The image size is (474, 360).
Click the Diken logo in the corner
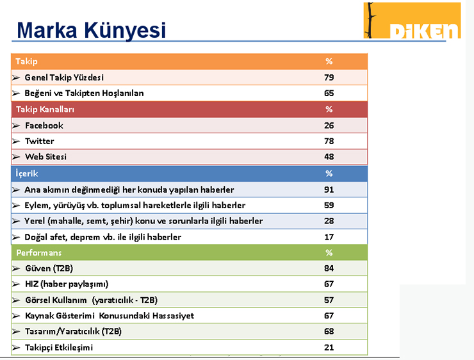[412, 20]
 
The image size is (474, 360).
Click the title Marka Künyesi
[91, 30]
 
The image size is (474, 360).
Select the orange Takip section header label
[26, 61]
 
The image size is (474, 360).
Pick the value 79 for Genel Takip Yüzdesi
[329, 78]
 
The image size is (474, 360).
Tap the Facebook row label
[44, 126]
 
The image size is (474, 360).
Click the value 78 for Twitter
[329, 141]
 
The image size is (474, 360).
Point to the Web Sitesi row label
[45, 156]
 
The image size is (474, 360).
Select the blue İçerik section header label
[26, 174]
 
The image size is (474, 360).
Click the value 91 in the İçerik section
[329, 190]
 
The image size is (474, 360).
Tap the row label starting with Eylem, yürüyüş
[135, 206]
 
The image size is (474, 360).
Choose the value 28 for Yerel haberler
[329, 221]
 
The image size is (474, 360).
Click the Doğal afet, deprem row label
[102, 237]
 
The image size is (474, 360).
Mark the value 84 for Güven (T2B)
[329, 268]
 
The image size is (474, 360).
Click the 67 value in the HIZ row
[329, 284]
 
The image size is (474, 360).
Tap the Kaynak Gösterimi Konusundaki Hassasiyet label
[109, 316]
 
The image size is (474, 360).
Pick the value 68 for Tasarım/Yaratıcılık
[329, 331]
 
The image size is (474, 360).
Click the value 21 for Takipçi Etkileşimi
[329, 347]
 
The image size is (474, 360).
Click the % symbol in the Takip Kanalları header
[329, 110]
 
